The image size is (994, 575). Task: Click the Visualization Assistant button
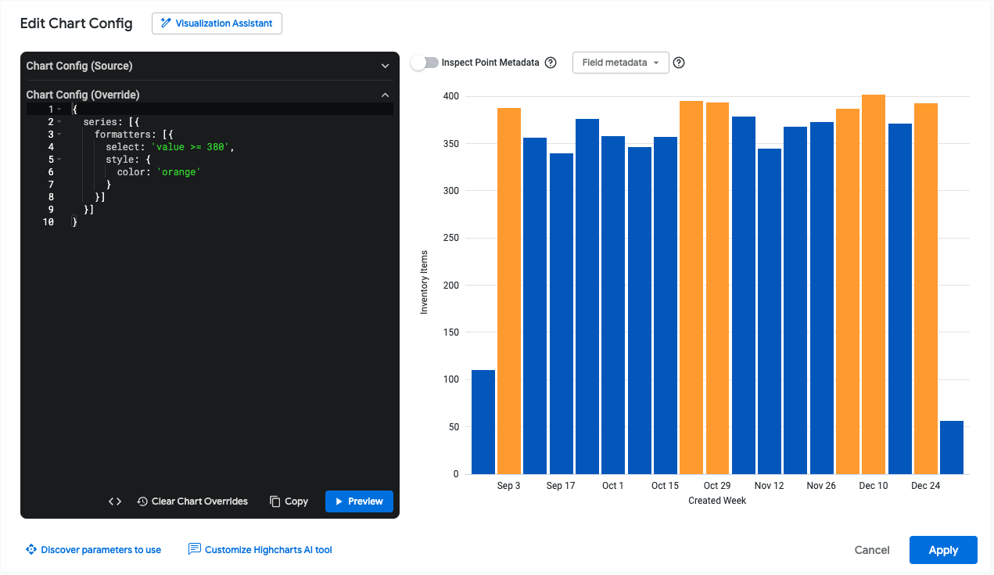coord(217,23)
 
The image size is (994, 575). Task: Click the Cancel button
coord(872,550)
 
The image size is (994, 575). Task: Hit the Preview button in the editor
coord(359,501)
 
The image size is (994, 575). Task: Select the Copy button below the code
coord(289,501)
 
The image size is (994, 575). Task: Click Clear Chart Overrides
coord(192,501)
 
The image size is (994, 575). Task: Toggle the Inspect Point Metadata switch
coord(425,63)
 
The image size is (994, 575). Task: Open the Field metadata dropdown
coord(620,63)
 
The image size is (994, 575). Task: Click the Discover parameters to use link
coord(93,550)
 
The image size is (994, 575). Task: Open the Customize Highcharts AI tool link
coord(260,550)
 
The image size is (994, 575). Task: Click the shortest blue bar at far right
coord(951,447)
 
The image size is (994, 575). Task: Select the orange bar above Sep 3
coord(509,291)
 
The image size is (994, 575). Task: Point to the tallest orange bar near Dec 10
coord(874,284)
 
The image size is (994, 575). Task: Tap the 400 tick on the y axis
coord(451,96)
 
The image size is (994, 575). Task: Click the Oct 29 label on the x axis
coord(716,486)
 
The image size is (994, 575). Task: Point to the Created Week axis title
coord(717,501)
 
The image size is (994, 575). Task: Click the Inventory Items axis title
coord(425,282)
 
